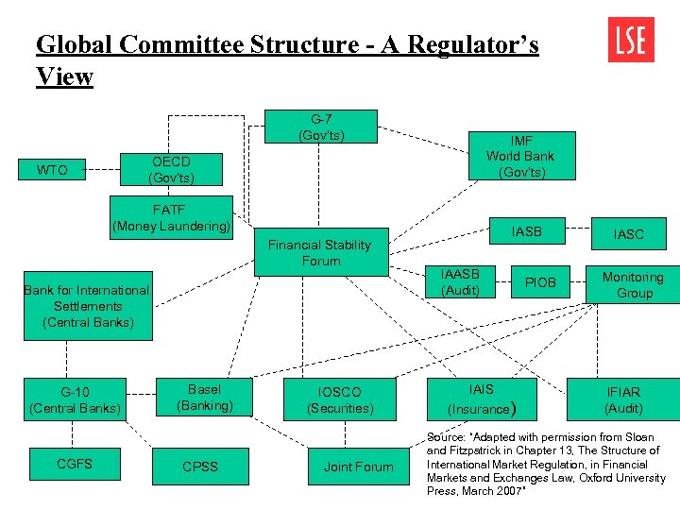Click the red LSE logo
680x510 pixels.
(631, 39)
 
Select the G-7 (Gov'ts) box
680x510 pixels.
(321, 127)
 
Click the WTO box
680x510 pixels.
(52, 170)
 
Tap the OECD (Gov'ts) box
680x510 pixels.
(172, 170)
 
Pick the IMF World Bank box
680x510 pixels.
(520, 157)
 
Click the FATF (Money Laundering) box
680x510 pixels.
(171, 217)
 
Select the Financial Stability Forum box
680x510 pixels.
(320, 252)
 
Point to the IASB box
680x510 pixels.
(527, 230)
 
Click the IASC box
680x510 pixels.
(628, 233)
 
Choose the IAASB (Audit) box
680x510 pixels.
(460, 282)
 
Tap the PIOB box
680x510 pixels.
(540, 282)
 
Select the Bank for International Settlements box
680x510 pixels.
(87, 307)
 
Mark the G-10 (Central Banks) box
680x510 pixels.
(76, 399)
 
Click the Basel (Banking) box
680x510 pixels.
(204, 398)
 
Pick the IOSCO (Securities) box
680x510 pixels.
(340, 399)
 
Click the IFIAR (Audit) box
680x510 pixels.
(623, 399)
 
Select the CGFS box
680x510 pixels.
(75, 464)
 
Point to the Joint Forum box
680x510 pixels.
(358, 467)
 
